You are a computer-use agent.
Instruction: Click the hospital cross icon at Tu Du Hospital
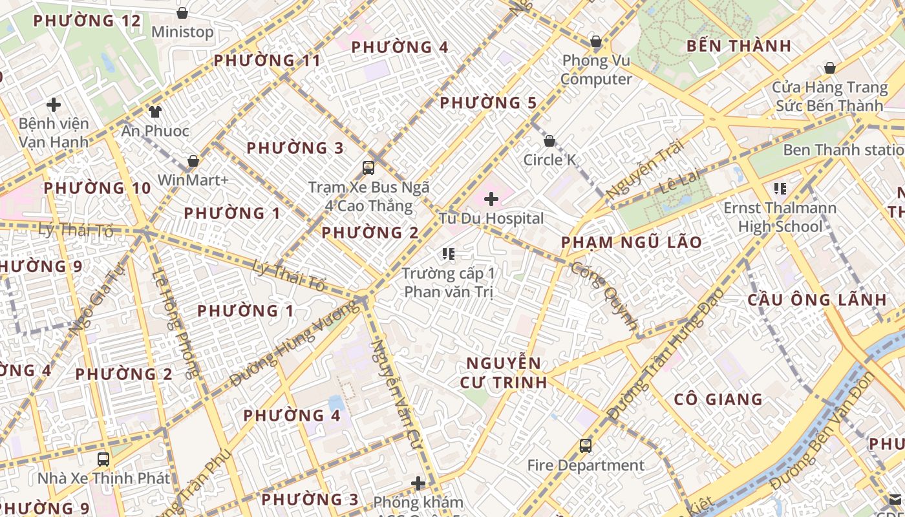[x=491, y=198]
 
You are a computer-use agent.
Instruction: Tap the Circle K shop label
[x=549, y=160]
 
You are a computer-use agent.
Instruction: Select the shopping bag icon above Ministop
[x=182, y=13]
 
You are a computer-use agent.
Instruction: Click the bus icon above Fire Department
[x=585, y=445]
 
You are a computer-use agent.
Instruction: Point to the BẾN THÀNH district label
[x=739, y=46]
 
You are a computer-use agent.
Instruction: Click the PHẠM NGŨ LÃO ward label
[x=631, y=242]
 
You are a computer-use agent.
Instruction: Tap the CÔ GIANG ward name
[x=718, y=399]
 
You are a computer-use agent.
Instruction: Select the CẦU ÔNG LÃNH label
[x=817, y=300]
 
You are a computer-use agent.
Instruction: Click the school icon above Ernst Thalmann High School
[x=780, y=189]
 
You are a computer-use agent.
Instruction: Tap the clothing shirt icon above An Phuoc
[x=154, y=111]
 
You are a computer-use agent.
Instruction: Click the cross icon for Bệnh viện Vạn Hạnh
[x=54, y=104]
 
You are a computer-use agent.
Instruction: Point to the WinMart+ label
[x=193, y=180]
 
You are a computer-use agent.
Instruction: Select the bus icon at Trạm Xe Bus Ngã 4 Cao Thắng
[x=368, y=168]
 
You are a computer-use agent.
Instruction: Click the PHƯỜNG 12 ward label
[x=87, y=21]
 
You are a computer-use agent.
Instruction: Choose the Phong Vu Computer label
[x=596, y=70]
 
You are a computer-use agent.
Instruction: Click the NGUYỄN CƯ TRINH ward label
[x=504, y=372]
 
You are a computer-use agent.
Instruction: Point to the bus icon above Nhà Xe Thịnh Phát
[x=103, y=459]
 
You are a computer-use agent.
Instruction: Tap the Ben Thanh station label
[x=843, y=150]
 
